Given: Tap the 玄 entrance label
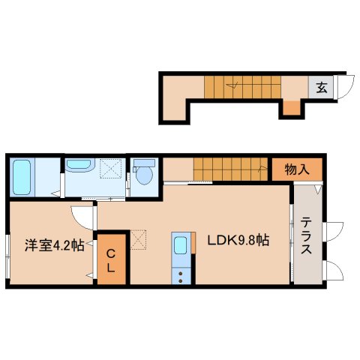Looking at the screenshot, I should click(x=321, y=87).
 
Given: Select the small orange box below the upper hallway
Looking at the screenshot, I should click(x=290, y=109).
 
